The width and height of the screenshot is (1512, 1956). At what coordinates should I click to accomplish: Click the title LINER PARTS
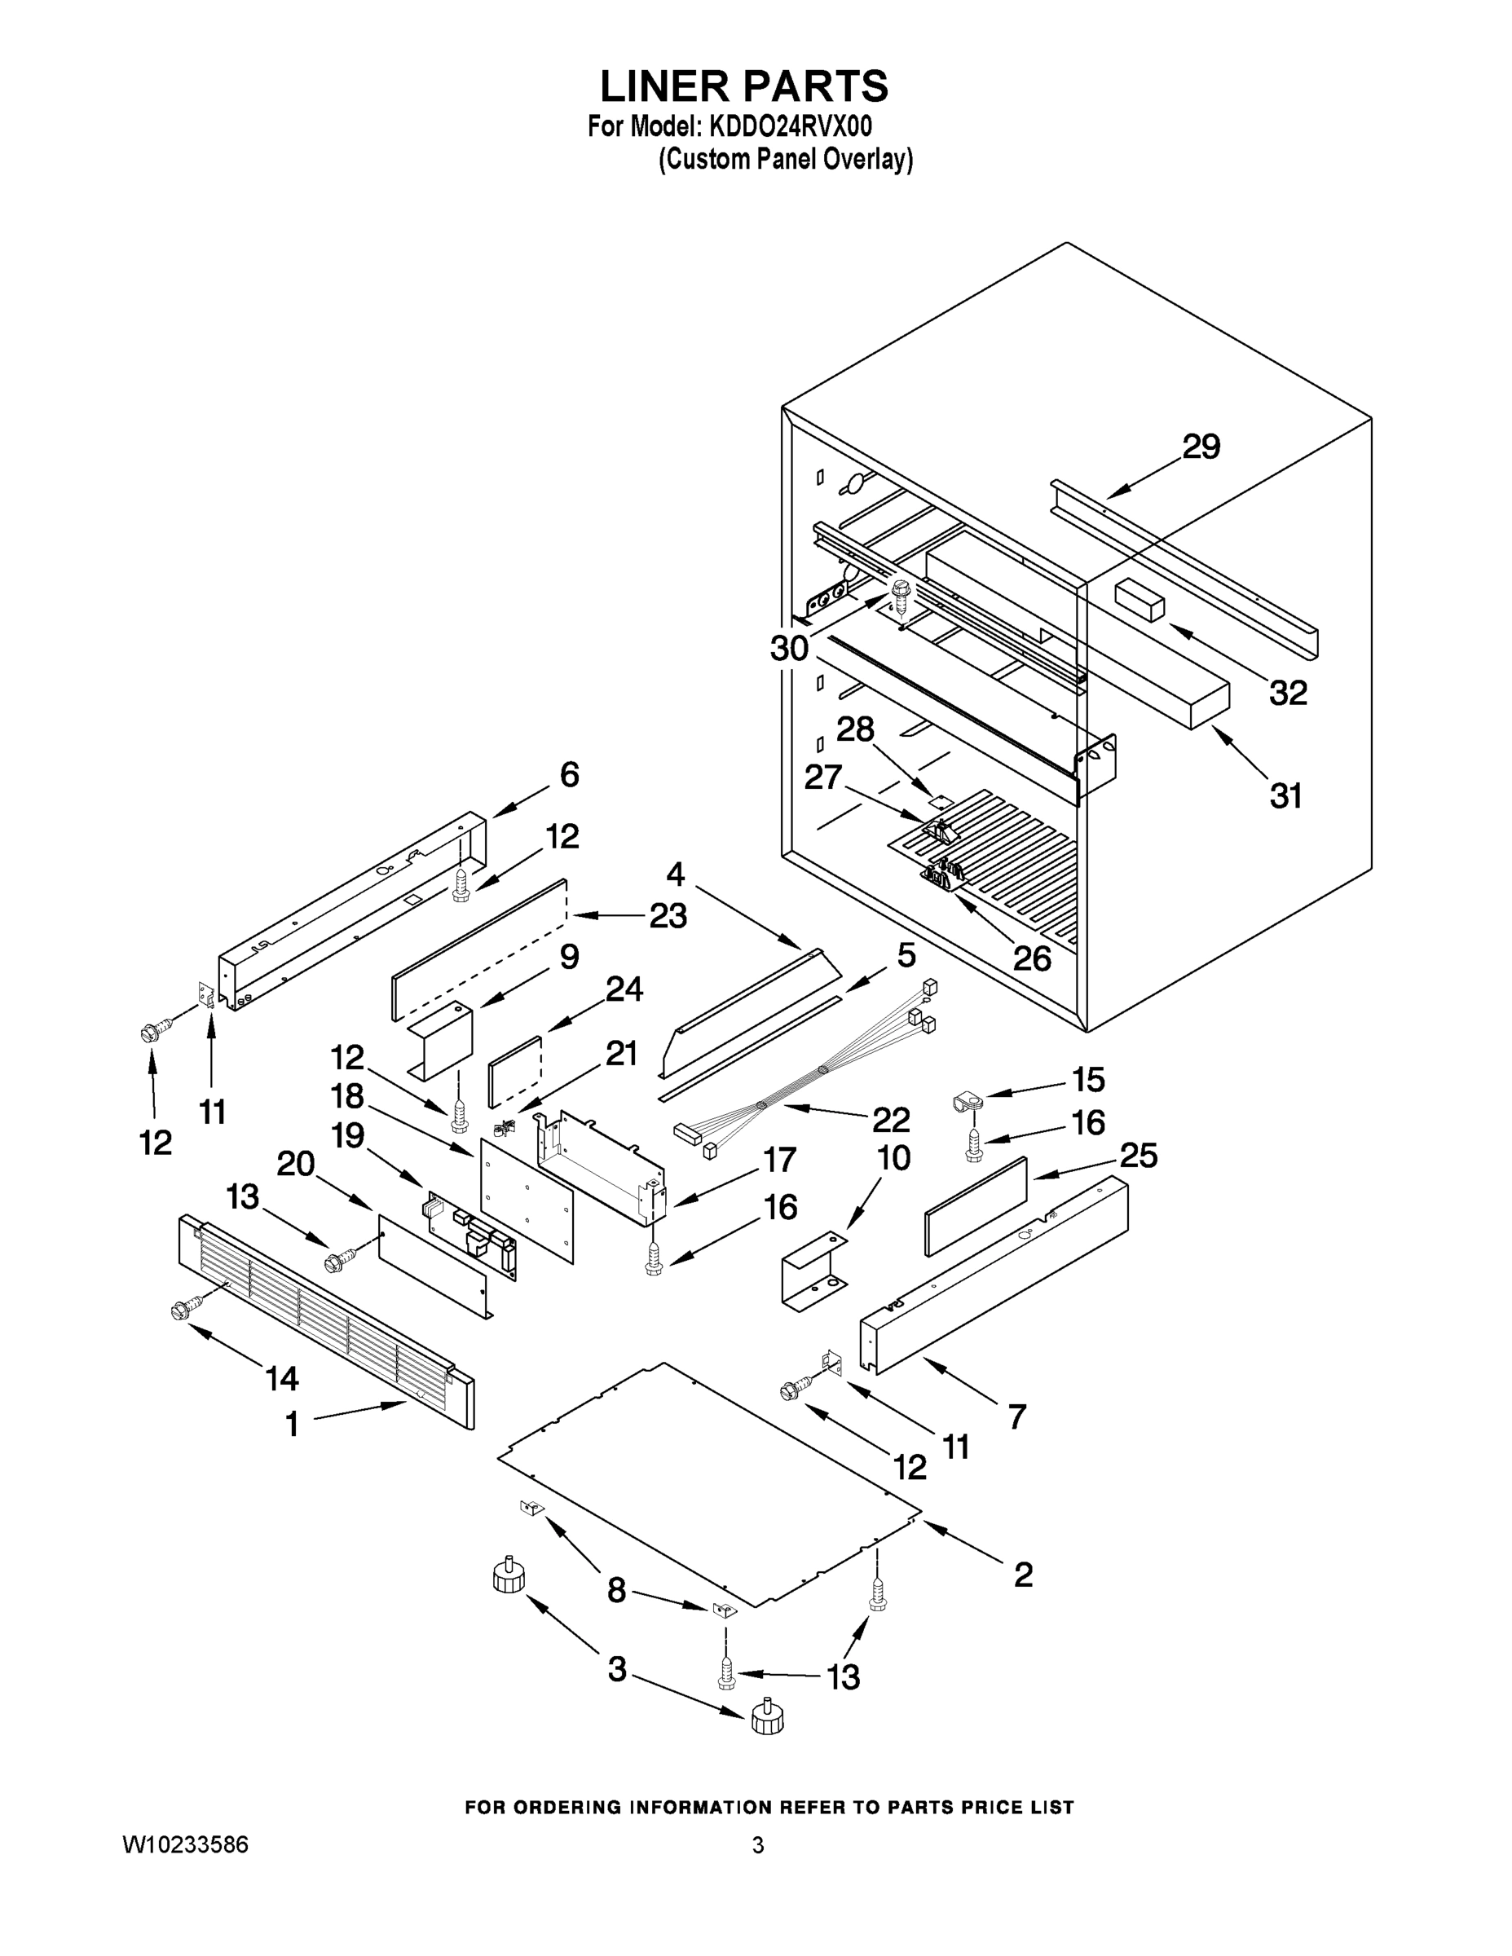743,87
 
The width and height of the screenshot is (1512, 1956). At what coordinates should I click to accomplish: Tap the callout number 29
1201,446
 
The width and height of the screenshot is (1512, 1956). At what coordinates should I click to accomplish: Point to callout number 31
1285,795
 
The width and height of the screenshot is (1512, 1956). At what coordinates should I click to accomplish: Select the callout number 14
281,1378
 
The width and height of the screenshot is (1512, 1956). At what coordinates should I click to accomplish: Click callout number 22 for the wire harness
890,1120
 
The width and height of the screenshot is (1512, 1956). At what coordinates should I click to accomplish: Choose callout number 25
1138,1156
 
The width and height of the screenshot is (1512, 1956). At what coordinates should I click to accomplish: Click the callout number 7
1016,1416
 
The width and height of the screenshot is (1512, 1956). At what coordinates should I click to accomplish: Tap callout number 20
296,1163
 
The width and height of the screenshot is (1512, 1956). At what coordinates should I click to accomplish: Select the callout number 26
1031,959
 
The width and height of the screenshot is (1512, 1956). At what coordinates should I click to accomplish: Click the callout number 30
789,648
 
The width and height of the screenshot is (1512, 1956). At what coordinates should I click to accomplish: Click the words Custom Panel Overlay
786,160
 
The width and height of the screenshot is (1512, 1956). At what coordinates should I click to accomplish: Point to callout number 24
624,989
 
